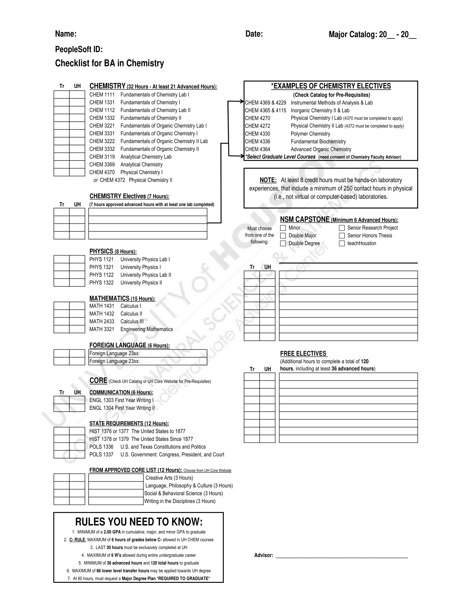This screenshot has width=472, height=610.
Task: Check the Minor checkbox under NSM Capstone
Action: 283,228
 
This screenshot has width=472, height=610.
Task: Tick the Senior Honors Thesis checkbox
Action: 342,236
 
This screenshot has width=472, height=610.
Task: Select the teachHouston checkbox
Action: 342,243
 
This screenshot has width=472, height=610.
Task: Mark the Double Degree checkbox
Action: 283,243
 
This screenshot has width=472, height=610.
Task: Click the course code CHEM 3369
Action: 102,164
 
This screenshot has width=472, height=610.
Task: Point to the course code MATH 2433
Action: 102,321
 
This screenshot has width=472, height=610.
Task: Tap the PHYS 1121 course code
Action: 102,259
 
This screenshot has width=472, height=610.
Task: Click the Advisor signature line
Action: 342,555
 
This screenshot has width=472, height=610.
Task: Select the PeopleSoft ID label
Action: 79,49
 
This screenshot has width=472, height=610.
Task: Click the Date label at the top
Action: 254,34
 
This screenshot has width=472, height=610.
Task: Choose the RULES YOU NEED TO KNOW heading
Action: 139,522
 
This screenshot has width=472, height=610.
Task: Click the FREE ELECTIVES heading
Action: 303,354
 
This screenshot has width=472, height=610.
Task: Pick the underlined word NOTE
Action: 268,180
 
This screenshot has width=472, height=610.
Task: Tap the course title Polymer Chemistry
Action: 310,134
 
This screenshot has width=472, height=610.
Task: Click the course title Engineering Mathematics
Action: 147,329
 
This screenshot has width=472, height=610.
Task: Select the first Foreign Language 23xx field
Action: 148,353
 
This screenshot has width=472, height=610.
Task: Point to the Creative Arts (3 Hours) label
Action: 169,478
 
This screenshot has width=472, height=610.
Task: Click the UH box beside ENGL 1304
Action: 77,408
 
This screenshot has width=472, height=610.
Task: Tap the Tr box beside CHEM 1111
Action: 62,95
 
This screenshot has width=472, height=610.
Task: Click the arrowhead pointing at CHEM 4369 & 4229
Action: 243,102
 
